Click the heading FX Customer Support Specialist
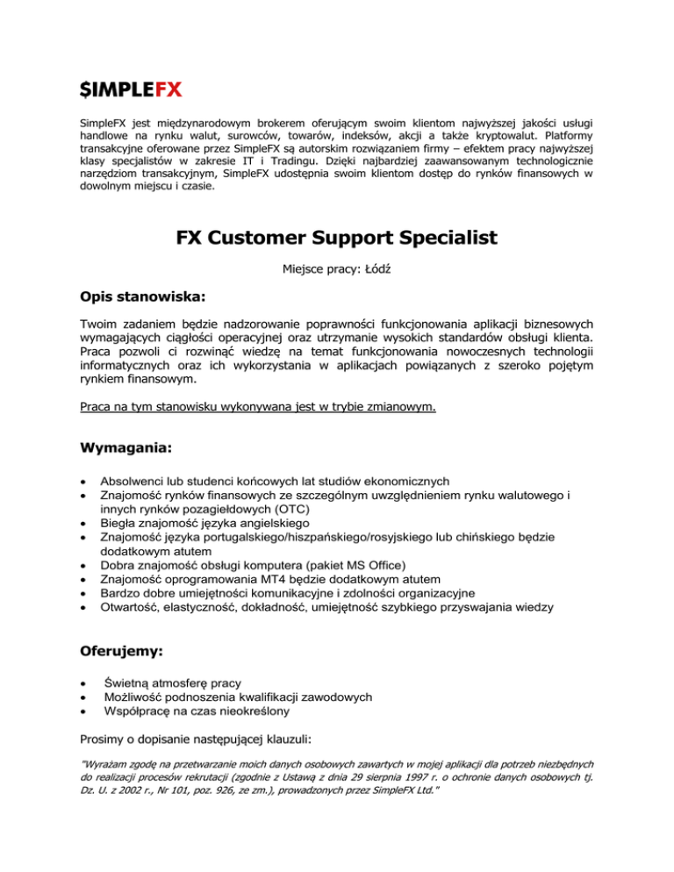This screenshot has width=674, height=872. [x=337, y=239]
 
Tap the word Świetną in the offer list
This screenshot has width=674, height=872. [x=134, y=682]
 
